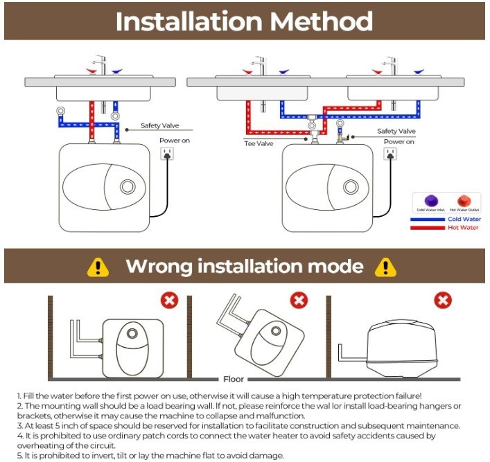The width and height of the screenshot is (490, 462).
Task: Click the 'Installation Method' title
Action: click(x=244, y=21)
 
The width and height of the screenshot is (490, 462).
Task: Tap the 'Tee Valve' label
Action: click(x=258, y=144)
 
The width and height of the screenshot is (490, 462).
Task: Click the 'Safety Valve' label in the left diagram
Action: click(x=160, y=125)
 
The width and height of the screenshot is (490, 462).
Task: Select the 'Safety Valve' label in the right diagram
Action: click(x=396, y=131)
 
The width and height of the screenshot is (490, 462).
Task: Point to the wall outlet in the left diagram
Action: click(x=166, y=154)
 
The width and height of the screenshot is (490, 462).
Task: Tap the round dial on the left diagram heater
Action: click(x=128, y=186)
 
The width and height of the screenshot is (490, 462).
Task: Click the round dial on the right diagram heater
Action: click(x=351, y=186)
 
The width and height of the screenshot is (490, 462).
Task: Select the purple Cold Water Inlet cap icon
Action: click(x=426, y=200)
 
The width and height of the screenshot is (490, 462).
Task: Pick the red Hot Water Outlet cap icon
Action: click(x=462, y=200)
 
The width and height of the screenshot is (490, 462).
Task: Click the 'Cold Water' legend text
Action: click(x=464, y=219)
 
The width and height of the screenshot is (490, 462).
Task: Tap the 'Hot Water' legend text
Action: click(x=464, y=227)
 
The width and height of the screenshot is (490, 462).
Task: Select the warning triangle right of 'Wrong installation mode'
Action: click(x=385, y=267)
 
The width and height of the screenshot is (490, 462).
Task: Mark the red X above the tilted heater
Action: click(x=299, y=301)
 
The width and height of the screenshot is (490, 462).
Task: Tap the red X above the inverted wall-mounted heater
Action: click(x=169, y=301)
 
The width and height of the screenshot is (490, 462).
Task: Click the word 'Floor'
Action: click(x=233, y=379)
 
